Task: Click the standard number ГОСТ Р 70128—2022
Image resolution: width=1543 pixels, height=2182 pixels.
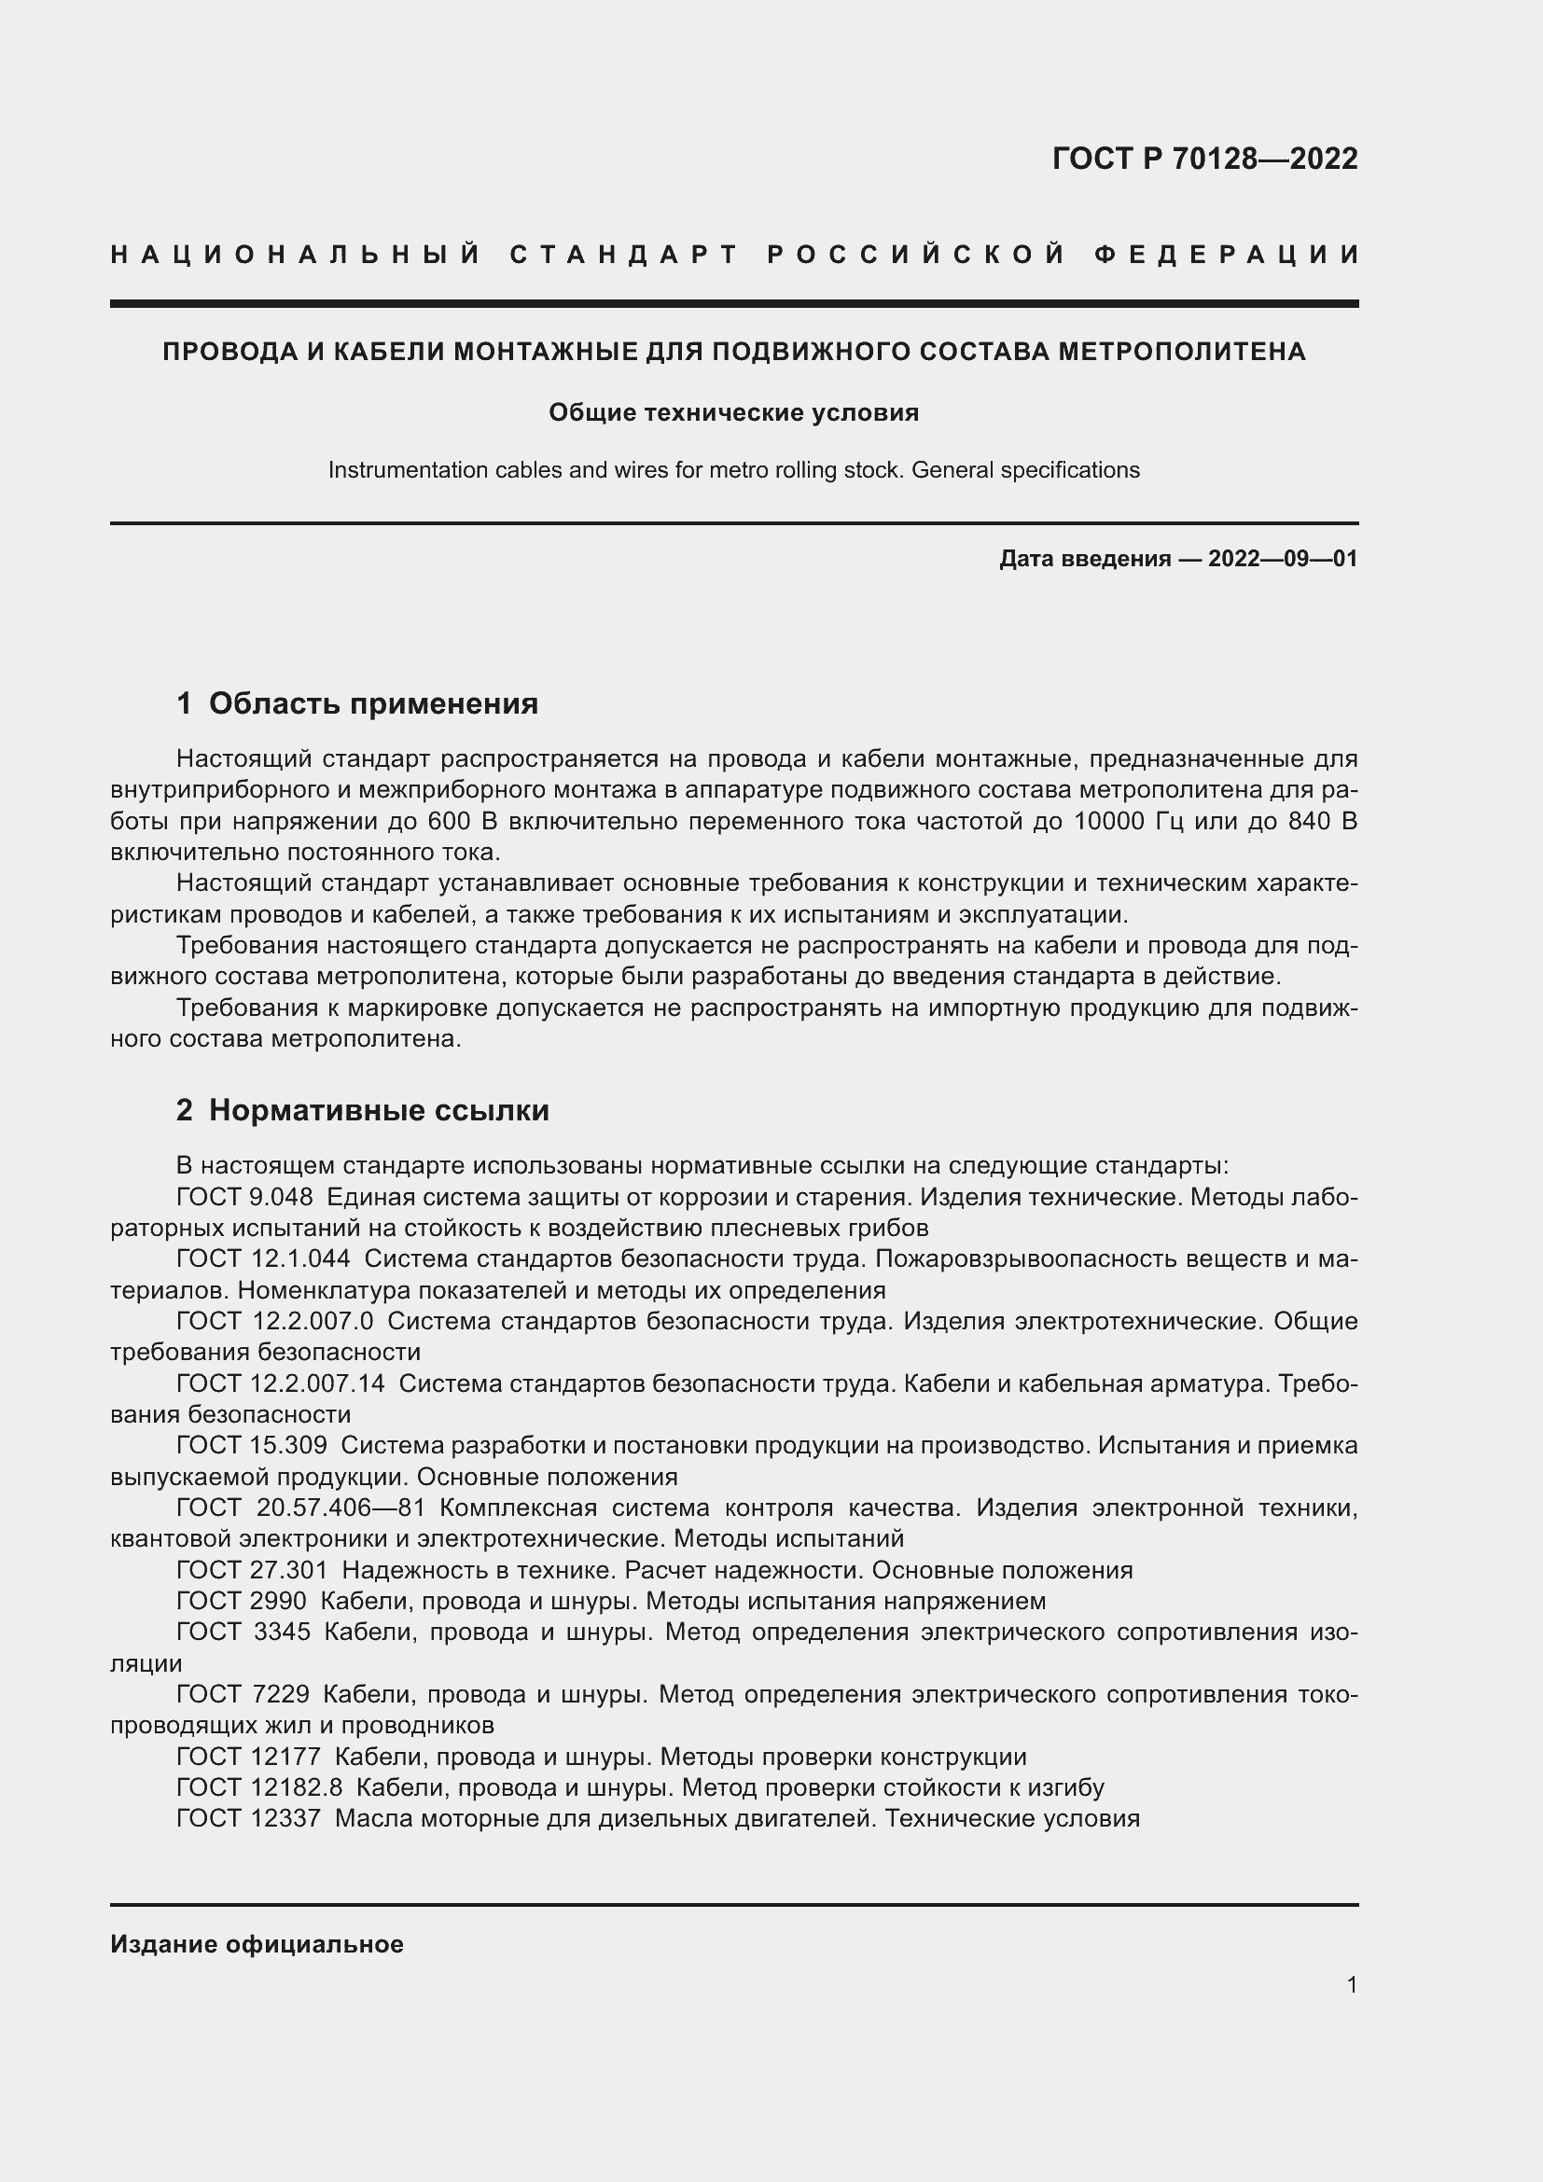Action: click(1203, 159)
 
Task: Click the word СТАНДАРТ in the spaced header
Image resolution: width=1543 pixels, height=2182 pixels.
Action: click(624, 255)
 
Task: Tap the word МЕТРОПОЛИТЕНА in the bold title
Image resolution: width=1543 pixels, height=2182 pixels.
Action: click(1182, 352)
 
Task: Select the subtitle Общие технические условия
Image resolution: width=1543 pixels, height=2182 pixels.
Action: click(733, 412)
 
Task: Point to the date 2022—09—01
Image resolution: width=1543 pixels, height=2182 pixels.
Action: click(1282, 559)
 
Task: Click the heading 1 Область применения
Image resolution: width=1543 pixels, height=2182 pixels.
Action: click(357, 703)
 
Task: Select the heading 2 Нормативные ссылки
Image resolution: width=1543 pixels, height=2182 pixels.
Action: click(362, 1110)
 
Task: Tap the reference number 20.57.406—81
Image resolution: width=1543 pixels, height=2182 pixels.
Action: click(341, 1508)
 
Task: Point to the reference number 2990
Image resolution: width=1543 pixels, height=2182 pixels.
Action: click(278, 1602)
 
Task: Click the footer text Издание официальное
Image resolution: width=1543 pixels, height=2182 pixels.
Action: click(257, 1944)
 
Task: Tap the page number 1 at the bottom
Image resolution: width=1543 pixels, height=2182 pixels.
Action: click(1351, 1984)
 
